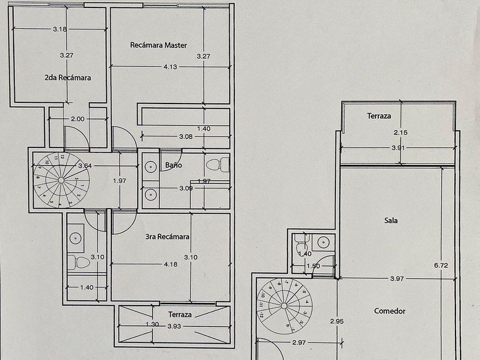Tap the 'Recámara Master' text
coord(158,45)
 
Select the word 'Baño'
coord(173,165)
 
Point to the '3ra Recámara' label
coord(167,236)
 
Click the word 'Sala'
coord(391,220)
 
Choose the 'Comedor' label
coord(390,311)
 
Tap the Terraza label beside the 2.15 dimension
coord(379,116)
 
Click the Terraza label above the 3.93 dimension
coord(179,314)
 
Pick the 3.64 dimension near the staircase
coord(85,166)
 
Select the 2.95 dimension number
coord(337,321)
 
